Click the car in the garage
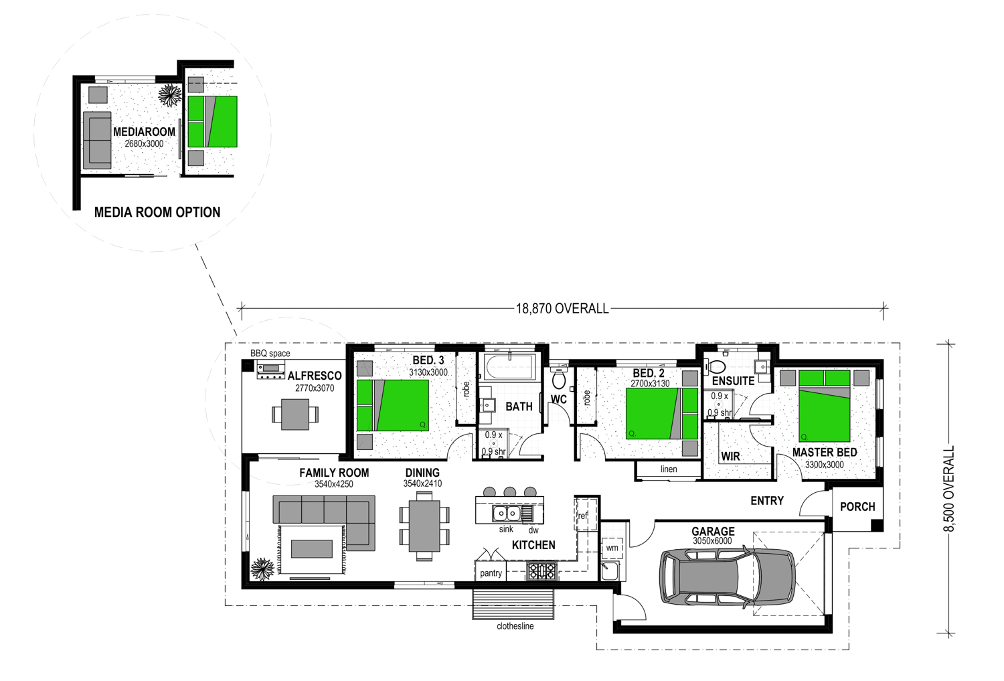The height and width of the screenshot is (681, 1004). click(728, 576)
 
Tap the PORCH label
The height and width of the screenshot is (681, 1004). click(857, 507)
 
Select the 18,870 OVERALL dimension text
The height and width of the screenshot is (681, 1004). click(562, 309)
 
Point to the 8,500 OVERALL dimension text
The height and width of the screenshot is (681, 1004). click(949, 489)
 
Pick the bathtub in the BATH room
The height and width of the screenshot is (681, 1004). click(510, 368)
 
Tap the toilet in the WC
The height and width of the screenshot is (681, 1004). click(558, 378)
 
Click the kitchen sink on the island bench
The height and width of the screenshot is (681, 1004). click(507, 514)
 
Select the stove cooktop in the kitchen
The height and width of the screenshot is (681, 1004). click(542, 571)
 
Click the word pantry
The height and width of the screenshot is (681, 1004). click(491, 573)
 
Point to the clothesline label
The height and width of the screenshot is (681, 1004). click(515, 626)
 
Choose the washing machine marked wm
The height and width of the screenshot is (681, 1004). click(612, 548)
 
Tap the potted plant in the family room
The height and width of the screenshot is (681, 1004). click(262, 569)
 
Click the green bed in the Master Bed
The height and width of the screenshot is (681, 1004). click(824, 406)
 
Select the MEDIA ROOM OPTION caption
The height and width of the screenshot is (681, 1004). click(157, 212)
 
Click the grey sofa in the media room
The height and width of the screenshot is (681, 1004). click(97, 141)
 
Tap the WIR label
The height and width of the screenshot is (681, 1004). click(731, 457)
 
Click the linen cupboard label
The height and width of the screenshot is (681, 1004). click(669, 469)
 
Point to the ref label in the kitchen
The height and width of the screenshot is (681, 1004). click(583, 516)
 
